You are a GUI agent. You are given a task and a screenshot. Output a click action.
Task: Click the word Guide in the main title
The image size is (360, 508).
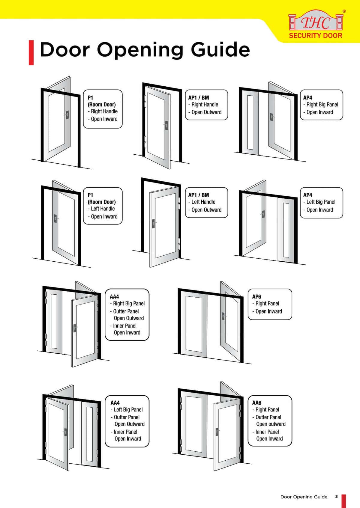(220, 50)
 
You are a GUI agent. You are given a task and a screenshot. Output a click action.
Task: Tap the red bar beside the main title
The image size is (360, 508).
(31, 53)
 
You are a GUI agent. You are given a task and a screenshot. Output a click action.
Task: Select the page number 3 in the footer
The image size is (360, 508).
(336, 497)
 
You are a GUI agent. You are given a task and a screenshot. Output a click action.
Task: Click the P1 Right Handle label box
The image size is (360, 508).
(103, 109)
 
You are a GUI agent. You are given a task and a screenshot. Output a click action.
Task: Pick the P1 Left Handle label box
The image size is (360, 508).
(103, 206)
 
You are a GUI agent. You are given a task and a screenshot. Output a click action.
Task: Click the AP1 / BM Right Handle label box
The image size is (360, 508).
(206, 105)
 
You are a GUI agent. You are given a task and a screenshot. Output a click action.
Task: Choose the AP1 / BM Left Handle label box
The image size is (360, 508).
(206, 203)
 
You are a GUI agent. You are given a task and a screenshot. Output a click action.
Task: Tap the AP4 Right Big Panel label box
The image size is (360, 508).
(321, 105)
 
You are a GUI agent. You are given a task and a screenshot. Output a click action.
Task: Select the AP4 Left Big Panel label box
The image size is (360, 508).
(321, 203)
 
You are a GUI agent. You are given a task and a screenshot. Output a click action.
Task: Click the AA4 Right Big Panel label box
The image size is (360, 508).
(127, 315)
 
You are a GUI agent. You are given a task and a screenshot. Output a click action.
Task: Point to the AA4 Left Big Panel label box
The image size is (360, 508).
(127, 421)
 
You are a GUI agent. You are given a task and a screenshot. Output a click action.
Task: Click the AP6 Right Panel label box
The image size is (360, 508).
(270, 304)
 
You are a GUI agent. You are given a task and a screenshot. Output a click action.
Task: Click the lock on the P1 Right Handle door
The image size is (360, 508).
(67, 115)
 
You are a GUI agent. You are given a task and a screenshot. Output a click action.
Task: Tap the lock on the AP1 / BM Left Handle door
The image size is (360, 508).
(153, 224)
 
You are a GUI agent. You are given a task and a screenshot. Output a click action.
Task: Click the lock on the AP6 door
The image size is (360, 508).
(223, 316)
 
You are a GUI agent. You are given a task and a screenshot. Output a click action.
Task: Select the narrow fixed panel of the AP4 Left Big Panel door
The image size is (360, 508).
(286, 230)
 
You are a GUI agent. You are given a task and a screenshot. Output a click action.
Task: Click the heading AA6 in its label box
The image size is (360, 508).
(257, 403)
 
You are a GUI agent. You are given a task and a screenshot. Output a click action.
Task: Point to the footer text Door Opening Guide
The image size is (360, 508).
(304, 497)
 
